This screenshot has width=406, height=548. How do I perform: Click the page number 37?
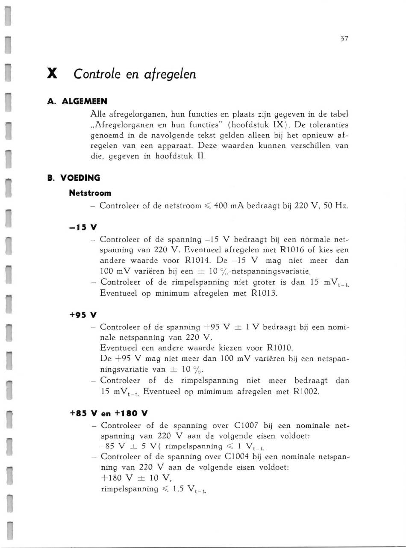(344, 39)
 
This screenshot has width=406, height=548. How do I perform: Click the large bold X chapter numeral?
(52, 74)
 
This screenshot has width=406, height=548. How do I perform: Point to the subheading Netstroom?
(90, 193)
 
